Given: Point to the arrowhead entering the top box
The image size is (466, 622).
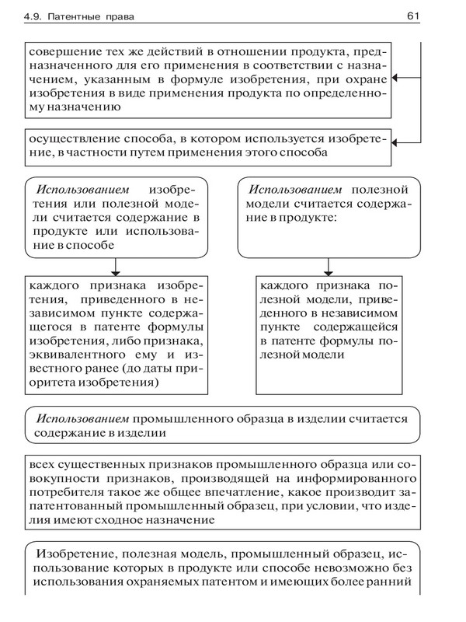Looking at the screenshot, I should click(x=397, y=78).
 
